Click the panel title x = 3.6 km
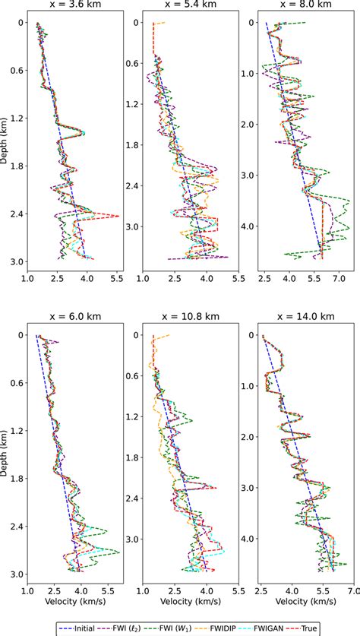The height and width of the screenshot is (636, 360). point(74,5)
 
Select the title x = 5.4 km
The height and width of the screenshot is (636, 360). point(191,5)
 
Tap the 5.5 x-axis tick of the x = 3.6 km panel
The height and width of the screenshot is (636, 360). point(118,280)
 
